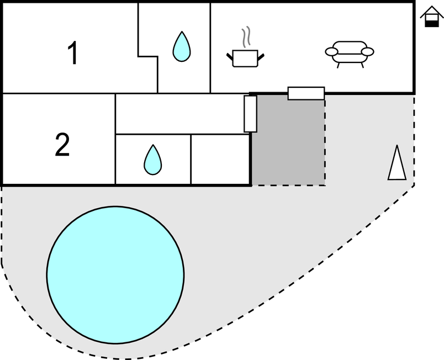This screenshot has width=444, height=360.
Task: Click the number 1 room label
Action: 72,54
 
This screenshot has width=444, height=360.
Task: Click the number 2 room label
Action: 62,145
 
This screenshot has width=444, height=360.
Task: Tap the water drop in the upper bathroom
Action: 181,46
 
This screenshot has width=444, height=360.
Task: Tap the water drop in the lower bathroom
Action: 153,160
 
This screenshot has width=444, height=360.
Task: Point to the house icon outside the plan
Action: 431,17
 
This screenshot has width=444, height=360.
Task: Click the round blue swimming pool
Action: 115,269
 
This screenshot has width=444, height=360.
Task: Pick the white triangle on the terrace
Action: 397,164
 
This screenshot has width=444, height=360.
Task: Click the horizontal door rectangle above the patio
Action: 306,93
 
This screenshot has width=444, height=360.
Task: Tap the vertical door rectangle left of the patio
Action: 250,114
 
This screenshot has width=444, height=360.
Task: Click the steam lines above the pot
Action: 246,36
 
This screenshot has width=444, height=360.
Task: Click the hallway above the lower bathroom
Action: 179,114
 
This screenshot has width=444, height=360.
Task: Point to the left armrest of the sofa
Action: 331,52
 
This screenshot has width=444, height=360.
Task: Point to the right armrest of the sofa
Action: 368,52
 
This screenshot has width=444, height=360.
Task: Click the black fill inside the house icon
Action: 431,23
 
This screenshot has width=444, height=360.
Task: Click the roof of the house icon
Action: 431,12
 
